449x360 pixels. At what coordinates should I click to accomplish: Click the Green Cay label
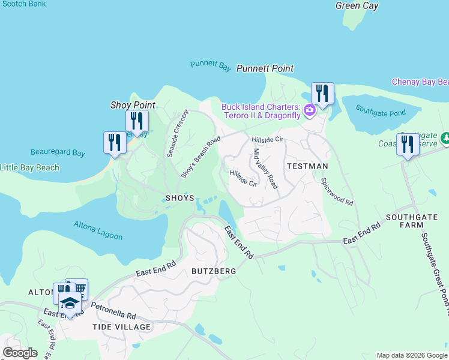tap(357, 5)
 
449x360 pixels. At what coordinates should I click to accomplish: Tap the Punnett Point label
tap(265, 68)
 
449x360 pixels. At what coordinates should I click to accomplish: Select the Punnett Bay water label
tap(211, 66)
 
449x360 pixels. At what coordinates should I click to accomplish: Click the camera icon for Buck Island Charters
tap(310, 109)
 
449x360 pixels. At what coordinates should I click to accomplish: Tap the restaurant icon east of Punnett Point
tap(322, 94)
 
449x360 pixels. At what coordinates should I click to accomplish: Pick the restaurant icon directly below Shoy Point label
tap(137, 122)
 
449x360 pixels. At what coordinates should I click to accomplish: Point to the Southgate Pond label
tap(381, 110)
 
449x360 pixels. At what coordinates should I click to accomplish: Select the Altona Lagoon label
tap(98, 230)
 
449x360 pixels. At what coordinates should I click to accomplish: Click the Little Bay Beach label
tap(30, 167)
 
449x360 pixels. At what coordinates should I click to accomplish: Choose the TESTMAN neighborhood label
tap(307, 166)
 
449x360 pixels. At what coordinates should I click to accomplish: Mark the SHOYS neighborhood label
tap(179, 198)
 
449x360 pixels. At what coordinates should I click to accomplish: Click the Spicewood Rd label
tap(337, 191)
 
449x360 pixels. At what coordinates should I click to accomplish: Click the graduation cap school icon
tap(70, 303)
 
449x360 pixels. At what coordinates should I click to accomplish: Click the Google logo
tap(20, 353)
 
